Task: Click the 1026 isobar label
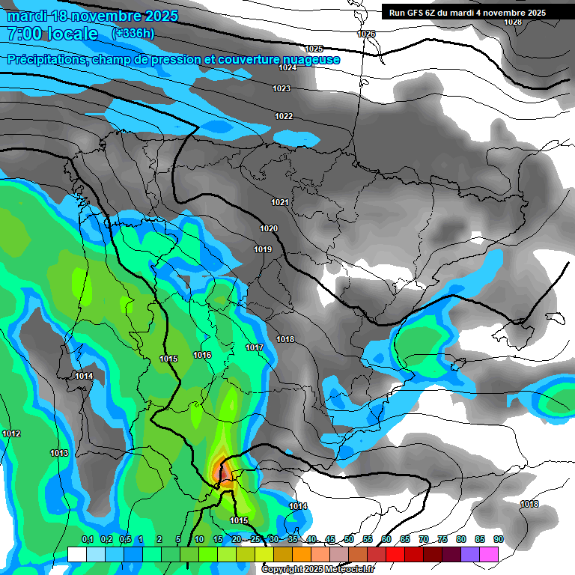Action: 366,34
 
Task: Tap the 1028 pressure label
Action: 513,22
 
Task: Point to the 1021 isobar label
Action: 280,202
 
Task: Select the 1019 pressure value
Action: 263,249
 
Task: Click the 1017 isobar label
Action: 255,347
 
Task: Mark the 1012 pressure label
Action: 11,433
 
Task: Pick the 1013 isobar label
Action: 59,453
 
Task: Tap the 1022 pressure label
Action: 284,116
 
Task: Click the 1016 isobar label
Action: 202,355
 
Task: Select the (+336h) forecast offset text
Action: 133,33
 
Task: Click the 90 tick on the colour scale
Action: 498,539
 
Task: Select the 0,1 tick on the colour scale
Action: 87,539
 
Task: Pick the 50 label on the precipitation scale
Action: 349,539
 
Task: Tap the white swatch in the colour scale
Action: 77,554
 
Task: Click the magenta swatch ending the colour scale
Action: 489,554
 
